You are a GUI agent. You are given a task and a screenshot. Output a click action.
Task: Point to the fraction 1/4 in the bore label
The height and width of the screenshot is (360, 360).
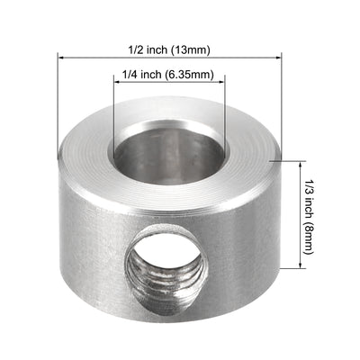(x=127, y=75)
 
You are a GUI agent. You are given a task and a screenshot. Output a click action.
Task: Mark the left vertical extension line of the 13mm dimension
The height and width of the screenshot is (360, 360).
(x=60, y=108)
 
